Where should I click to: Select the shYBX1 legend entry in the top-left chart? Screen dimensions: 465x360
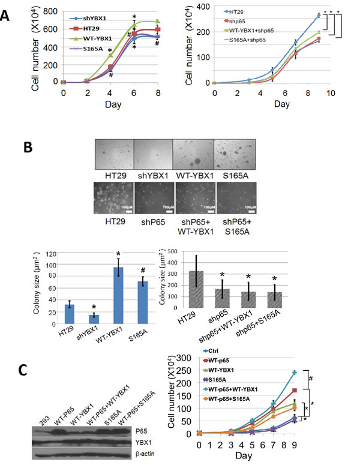pos(88,19)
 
